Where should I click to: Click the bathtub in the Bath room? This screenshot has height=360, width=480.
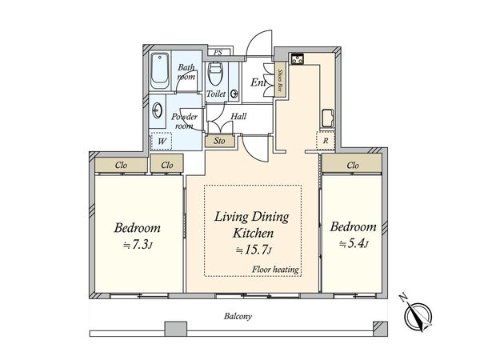(x=160, y=71)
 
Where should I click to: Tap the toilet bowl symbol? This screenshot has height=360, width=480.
(x=214, y=74)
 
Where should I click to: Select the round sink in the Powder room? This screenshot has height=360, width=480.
(x=157, y=110)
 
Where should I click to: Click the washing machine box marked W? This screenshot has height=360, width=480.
(x=162, y=141)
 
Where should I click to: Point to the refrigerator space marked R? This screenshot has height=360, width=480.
(x=326, y=141)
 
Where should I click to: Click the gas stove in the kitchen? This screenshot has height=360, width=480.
(x=297, y=58)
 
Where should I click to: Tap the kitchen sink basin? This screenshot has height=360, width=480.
(x=328, y=118)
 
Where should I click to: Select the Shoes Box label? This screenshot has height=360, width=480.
(x=279, y=79)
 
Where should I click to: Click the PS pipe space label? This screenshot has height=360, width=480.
(x=218, y=53)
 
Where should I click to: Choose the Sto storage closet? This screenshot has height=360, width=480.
(x=220, y=141)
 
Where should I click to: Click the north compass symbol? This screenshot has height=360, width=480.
(x=418, y=315)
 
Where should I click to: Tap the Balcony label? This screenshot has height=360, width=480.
(x=238, y=316)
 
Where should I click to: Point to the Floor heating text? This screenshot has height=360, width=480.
(x=275, y=270)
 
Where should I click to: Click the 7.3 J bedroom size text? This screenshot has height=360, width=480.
(x=138, y=245)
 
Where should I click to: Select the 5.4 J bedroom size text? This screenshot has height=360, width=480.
(x=354, y=244)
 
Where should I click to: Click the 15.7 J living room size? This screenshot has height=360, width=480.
(x=253, y=250)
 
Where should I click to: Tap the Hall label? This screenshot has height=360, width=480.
(x=238, y=116)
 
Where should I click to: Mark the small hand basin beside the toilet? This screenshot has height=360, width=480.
(x=234, y=94)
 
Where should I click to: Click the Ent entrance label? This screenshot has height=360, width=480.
(x=258, y=82)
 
